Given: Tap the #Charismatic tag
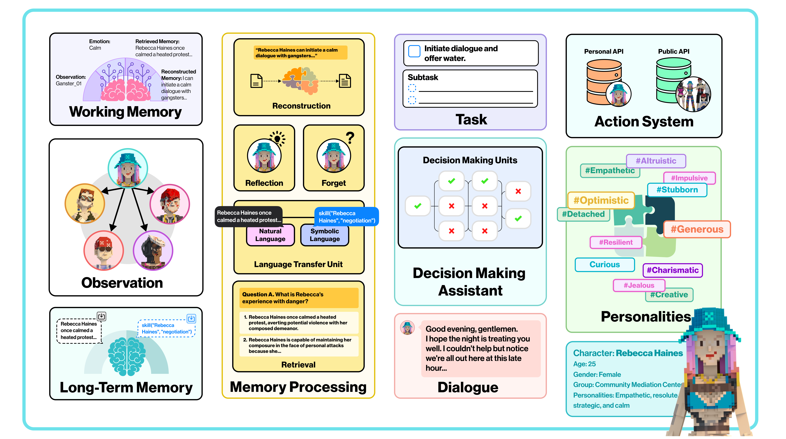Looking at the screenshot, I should [x=672, y=270].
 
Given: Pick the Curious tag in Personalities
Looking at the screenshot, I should [x=604, y=265].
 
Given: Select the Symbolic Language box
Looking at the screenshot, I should [x=325, y=235].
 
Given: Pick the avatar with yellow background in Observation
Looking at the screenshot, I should [x=85, y=203].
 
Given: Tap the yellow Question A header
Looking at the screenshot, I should [x=298, y=298].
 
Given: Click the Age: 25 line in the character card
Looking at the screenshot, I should [x=584, y=364].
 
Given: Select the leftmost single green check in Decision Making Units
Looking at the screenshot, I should [x=418, y=206].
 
